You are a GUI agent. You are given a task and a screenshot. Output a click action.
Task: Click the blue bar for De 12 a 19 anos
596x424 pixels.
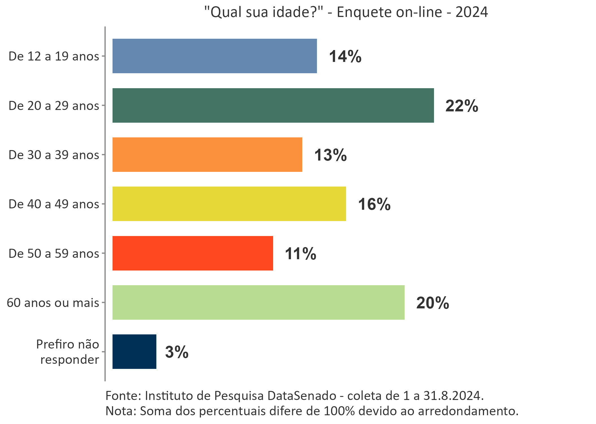click(x=215, y=56)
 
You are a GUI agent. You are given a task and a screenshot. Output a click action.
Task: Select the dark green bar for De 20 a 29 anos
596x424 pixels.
click(x=273, y=105)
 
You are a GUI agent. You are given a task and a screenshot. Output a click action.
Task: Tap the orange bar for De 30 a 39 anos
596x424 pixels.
click(x=207, y=155)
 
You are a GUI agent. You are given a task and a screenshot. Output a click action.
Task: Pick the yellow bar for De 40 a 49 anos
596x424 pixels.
click(x=229, y=204)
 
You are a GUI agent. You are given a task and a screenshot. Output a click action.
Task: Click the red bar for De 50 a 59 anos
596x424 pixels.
click(x=193, y=253)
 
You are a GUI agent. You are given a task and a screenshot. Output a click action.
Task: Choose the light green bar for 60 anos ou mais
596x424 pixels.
click(x=258, y=302)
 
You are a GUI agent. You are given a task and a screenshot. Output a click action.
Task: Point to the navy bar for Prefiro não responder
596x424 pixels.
click(x=134, y=352)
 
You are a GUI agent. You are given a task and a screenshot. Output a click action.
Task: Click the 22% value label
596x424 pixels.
click(x=462, y=106)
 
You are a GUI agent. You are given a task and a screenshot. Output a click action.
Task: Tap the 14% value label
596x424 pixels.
click(x=345, y=57)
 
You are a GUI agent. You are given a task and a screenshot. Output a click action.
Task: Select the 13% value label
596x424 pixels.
click(x=330, y=155)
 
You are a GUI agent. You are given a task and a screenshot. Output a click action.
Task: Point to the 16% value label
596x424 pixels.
click(x=374, y=204)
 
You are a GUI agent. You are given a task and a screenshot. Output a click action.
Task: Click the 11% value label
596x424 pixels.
click(x=300, y=254)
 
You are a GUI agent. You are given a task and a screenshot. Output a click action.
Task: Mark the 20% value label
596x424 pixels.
click(x=433, y=303)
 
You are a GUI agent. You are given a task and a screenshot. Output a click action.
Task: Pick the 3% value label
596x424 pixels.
click(x=177, y=352)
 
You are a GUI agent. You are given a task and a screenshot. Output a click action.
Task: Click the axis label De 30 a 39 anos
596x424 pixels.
click(x=54, y=155)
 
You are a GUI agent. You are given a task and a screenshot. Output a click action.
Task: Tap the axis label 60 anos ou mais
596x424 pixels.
click(x=53, y=303)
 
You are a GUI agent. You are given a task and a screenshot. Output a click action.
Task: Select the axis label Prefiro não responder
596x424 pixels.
click(x=68, y=352)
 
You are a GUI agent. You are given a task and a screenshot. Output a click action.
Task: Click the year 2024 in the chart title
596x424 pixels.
click(x=472, y=12)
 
